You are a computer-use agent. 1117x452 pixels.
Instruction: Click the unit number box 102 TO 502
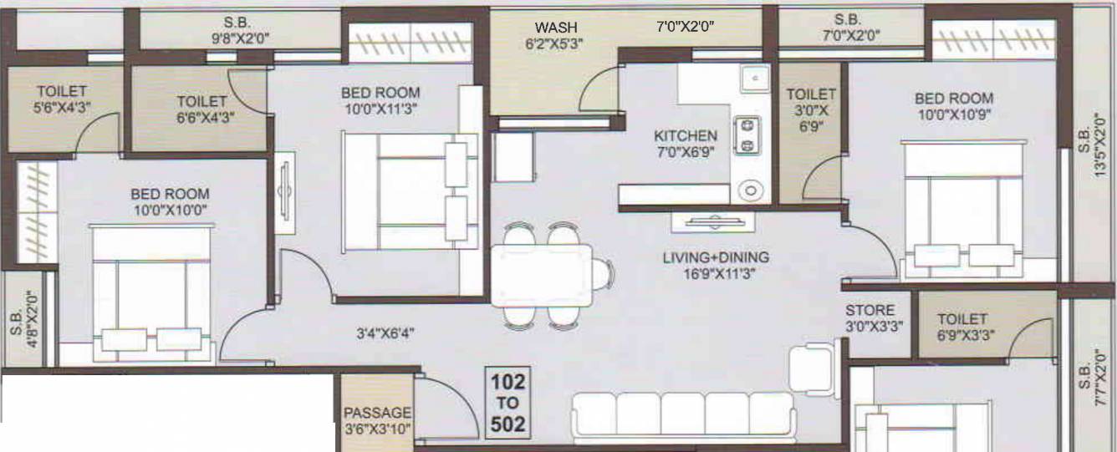(508, 404)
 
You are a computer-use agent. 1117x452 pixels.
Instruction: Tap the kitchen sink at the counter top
(754, 78)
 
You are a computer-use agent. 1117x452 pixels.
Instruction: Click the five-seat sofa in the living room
(682, 414)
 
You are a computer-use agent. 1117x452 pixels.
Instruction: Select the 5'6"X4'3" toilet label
(61, 99)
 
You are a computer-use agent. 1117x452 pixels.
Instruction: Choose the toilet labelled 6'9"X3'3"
(961, 327)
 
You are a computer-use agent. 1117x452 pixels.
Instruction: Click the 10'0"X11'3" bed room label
(380, 99)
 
